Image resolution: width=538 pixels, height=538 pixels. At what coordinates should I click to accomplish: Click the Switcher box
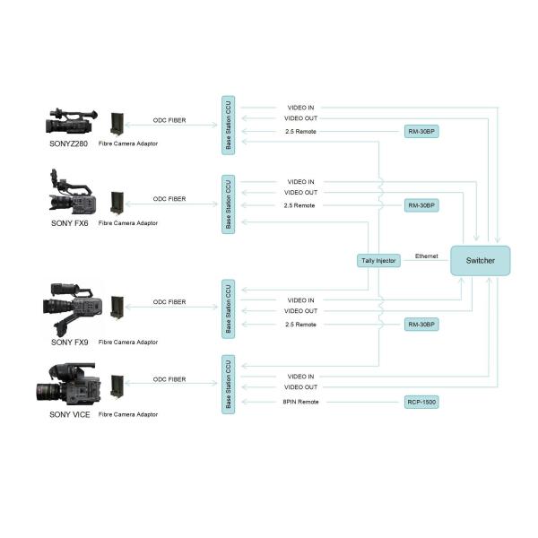pyautogui.click(x=480, y=261)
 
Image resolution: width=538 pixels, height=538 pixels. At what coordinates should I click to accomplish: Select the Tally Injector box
pyautogui.click(x=377, y=261)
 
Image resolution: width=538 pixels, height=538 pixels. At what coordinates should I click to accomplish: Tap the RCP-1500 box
pyautogui.click(x=421, y=402)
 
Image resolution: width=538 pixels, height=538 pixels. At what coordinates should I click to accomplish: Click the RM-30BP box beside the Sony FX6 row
pyautogui.click(x=421, y=205)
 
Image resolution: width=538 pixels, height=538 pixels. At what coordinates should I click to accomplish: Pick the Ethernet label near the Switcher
pyautogui.click(x=426, y=256)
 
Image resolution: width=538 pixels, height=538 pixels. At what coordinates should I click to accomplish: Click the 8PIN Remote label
pyautogui.click(x=300, y=402)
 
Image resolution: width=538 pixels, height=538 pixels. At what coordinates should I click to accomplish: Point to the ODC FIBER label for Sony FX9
pyautogui.click(x=169, y=302)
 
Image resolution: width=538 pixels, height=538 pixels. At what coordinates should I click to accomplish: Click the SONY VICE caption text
pyautogui.click(x=69, y=415)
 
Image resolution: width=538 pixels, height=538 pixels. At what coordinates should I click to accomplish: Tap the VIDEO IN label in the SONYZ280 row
pyautogui.click(x=300, y=108)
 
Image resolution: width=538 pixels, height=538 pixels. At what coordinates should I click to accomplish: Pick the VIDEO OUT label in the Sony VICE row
pyautogui.click(x=300, y=387)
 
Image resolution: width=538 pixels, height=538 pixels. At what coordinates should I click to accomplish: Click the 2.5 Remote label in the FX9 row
pyautogui.click(x=299, y=324)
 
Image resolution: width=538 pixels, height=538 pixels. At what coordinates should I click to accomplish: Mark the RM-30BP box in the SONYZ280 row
pyautogui.click(x=421, y=131)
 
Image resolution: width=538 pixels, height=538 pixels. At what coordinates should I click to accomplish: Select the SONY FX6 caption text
pyautogui.click(x=68, y=222)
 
